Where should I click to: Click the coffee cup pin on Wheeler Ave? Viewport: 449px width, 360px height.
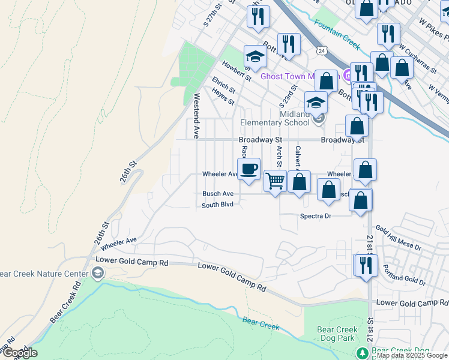coord(249,168)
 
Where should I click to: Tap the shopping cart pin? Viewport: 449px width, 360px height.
coord(275,180)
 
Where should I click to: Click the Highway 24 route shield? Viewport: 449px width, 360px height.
coord(322,49)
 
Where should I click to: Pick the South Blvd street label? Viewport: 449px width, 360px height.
coord(217,205)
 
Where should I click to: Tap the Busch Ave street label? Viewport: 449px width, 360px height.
coord(217,194)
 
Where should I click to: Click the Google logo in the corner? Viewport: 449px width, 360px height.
coord(19,353)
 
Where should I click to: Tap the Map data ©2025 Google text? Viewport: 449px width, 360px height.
coord(412,355)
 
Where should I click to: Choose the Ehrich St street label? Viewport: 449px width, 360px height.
coord(223,85)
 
